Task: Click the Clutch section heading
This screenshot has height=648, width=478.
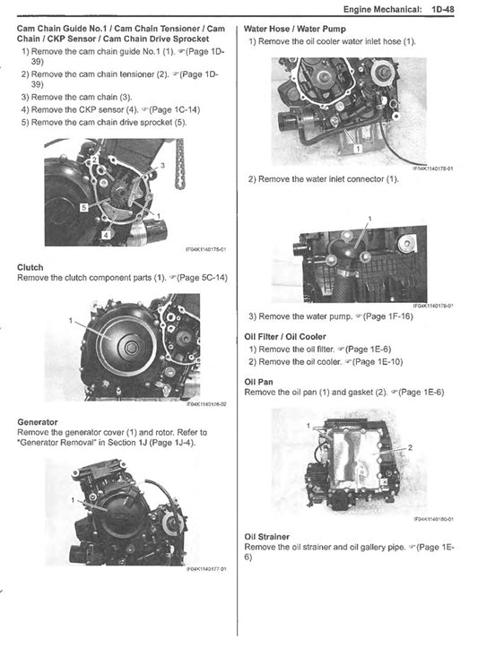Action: [x=30, y=267]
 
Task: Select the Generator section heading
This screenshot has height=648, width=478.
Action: [x=38, y=421]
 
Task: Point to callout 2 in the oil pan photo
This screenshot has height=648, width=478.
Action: [x=411, y=446]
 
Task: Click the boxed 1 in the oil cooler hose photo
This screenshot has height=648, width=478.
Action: [x=357, y=147]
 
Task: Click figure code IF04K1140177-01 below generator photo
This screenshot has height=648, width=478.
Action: [x=206, y=568]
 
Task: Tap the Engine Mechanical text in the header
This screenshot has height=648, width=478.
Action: [x=373, y=10]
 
